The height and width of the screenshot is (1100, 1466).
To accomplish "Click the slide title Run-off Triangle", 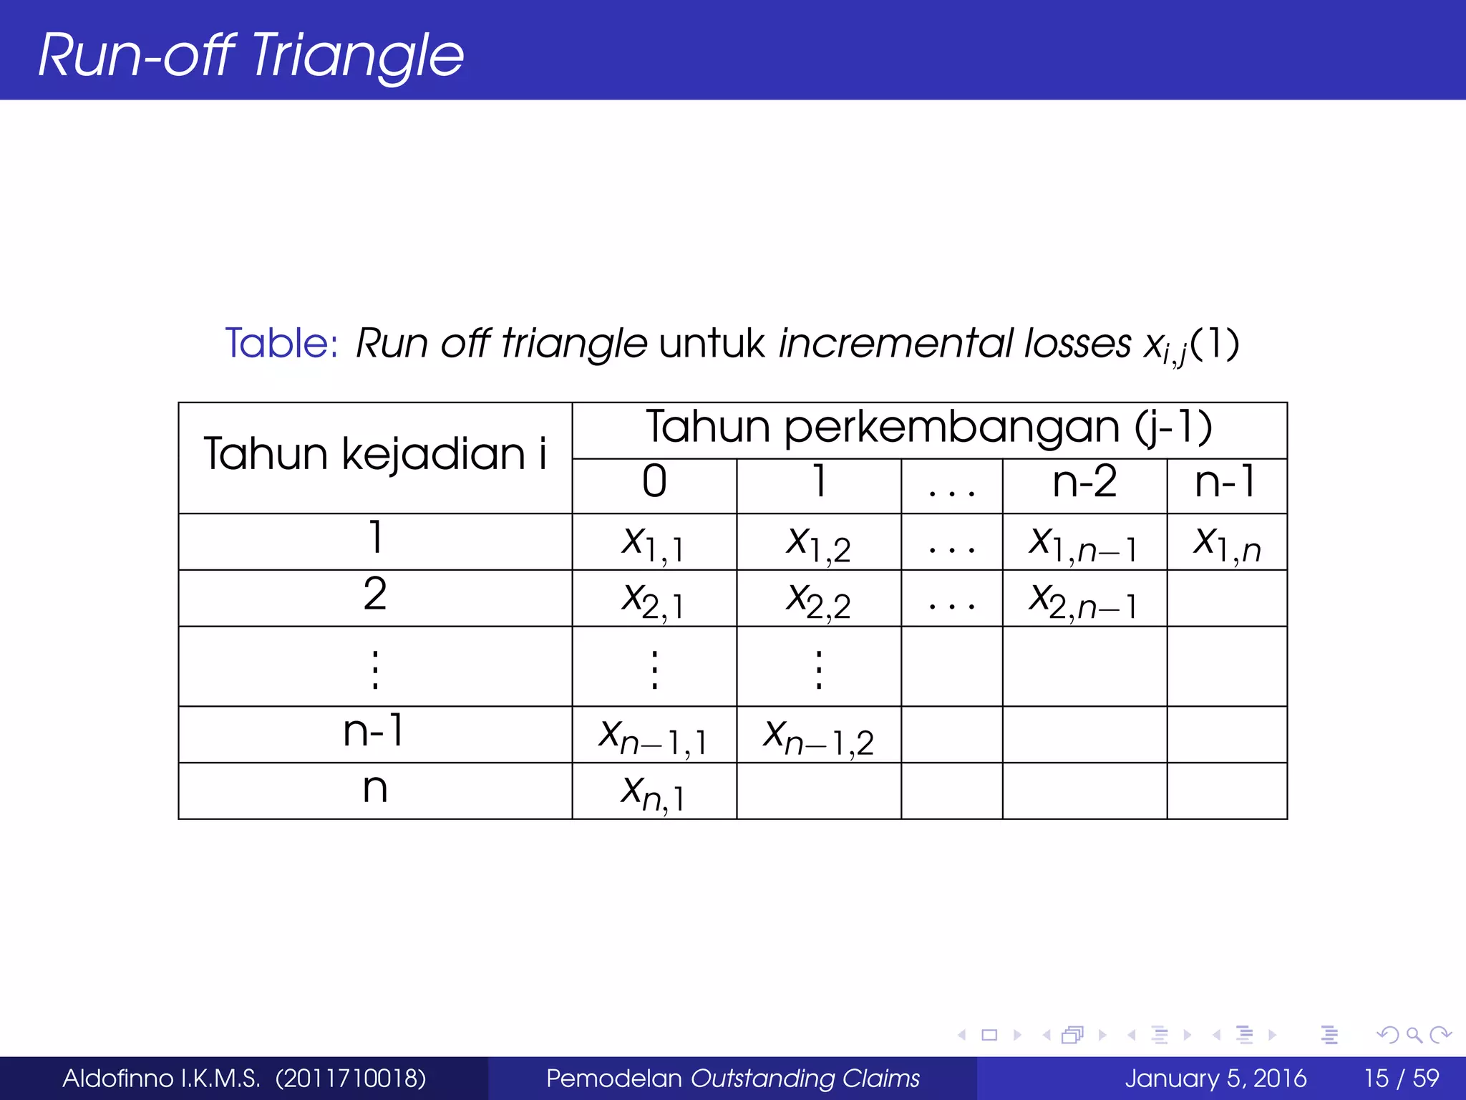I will tap(251, 55).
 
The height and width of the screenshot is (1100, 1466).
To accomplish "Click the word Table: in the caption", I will tap(281, 343).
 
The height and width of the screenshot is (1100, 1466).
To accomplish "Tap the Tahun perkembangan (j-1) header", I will tap(929, 428).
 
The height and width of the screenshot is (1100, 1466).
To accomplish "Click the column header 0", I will tap(654, 481).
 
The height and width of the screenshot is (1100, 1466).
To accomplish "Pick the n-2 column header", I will tap(1084, 481).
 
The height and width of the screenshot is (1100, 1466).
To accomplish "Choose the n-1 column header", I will tap(1225, 481).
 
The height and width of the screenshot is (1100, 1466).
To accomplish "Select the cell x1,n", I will tap(1226, 542).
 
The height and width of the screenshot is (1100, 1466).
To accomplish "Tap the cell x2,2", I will tap(818, 599).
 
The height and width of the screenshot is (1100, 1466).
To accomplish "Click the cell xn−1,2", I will tap(818, 736).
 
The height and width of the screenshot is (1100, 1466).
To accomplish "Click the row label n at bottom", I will tap(375, 789).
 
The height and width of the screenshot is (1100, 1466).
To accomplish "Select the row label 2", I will tap(375, 594).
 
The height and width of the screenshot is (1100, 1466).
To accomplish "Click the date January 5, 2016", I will tap(1215, 1078).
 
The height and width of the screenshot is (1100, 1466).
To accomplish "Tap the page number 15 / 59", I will tap(1401, 1078).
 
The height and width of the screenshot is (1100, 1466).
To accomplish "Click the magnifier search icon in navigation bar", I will tap(1414, 1035).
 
